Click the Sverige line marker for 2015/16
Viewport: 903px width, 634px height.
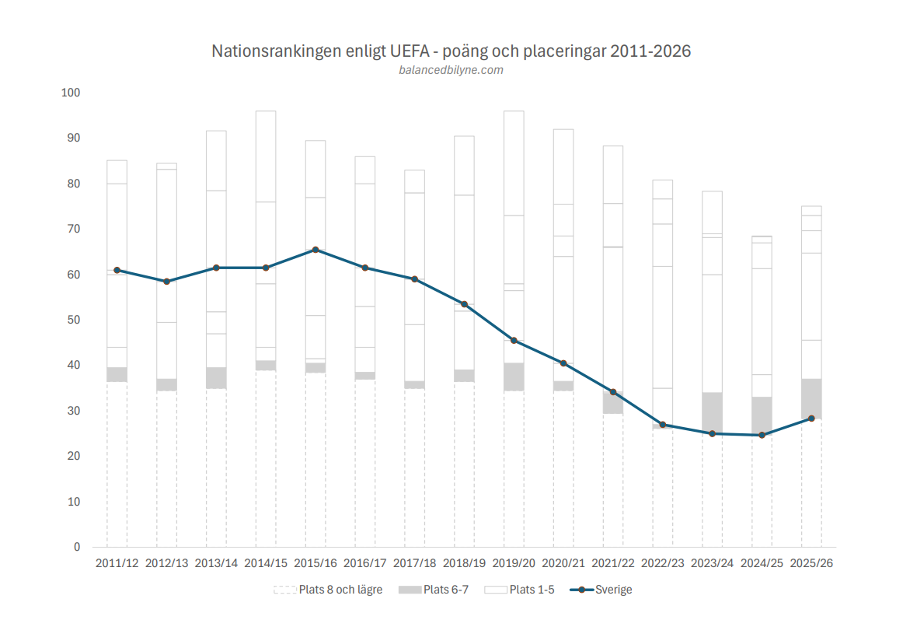(316, 250)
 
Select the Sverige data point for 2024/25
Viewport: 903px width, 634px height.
(762, 435)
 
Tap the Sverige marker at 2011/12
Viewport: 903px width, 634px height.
(117, 270)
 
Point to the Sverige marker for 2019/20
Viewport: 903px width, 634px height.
(514, 340)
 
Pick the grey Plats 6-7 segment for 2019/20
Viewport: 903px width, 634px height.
(514, 377)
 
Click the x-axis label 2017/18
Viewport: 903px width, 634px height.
(414, 563)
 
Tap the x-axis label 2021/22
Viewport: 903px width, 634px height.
(612, 563)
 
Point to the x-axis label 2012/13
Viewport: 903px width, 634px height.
(166, 563)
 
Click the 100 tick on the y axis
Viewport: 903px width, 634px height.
(71, 93)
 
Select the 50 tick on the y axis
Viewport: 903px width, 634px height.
(72, 320)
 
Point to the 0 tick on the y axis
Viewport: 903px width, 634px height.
(77, 547)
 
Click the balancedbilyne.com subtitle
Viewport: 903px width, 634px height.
(451, 70)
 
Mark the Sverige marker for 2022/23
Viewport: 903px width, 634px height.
(662, 425)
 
